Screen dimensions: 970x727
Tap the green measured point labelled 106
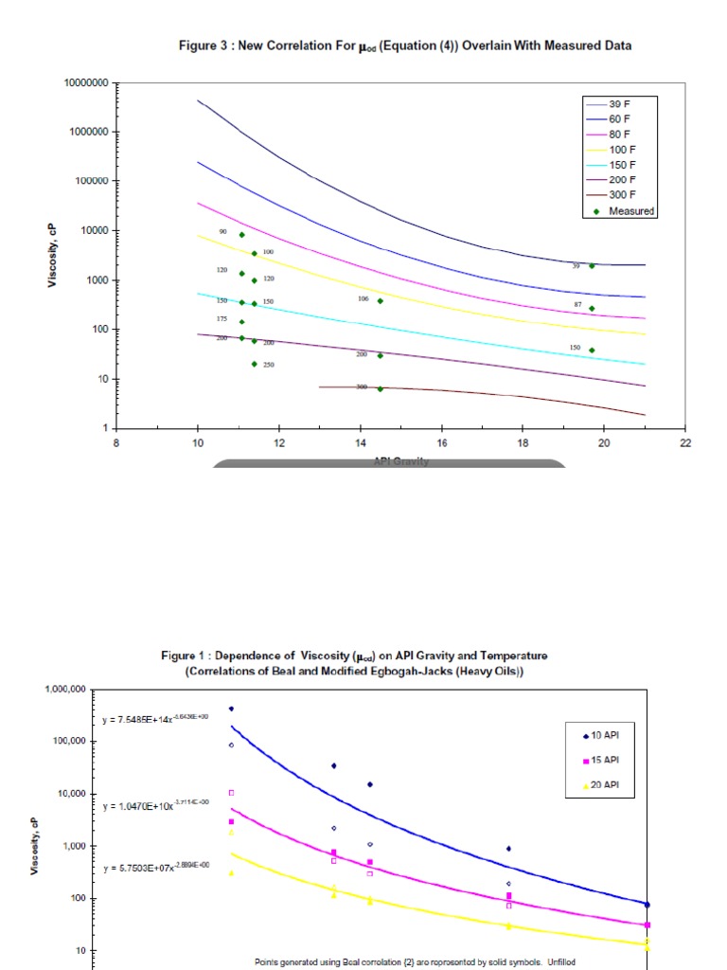click(x=381, y=301)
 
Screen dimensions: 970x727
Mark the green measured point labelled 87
click(x=593, y=308)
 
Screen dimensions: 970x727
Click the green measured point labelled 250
click(x=255, y=364)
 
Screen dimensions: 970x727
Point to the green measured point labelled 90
click(x=242, y=235)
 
